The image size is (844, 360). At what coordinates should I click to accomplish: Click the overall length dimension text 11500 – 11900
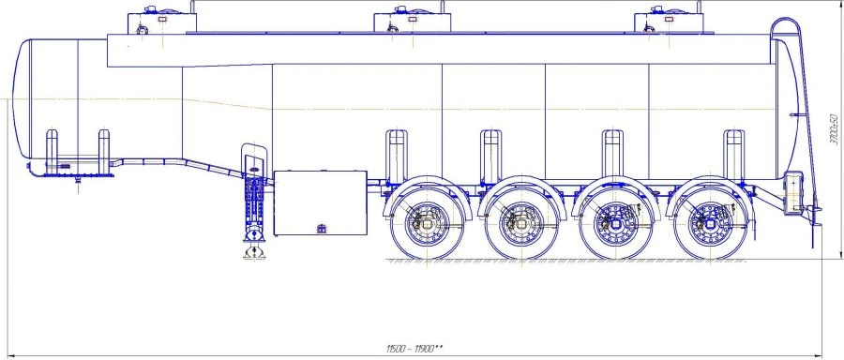click(414, 349)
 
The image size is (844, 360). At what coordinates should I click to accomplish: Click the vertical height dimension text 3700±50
click(834, 129)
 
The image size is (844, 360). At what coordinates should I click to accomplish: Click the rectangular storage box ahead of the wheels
click(321, 203)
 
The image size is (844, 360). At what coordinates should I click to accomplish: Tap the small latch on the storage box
click(322, 229)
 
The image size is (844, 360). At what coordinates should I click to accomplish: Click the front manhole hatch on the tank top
click(161, 21)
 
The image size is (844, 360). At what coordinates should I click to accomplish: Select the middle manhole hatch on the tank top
click(412, 21)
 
